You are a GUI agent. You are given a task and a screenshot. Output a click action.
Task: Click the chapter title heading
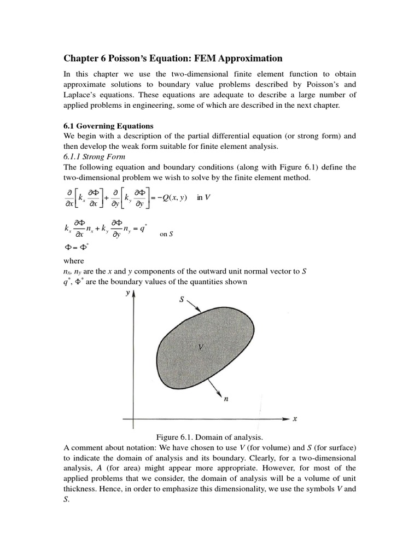pos(173,58)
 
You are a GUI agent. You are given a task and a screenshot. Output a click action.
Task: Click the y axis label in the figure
pos(127,293)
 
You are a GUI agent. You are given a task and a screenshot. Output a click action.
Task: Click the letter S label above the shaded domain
pos(181,300)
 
